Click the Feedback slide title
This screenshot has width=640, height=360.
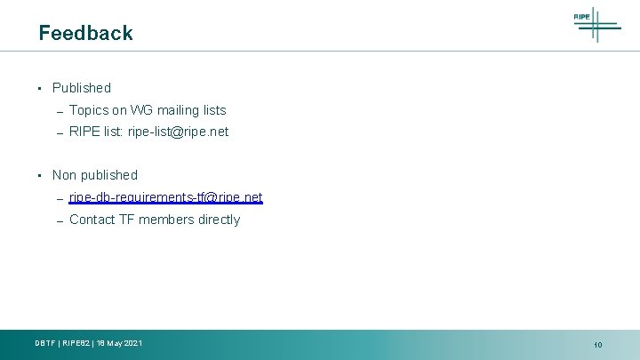(85, 33)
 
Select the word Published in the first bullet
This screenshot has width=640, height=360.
(82, 88)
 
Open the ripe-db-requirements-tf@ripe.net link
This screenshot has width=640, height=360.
(165, 197)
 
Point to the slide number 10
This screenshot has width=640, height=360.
(598, 345)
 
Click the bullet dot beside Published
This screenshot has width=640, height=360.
(40, 88)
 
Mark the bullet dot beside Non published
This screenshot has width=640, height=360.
(40, 175)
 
